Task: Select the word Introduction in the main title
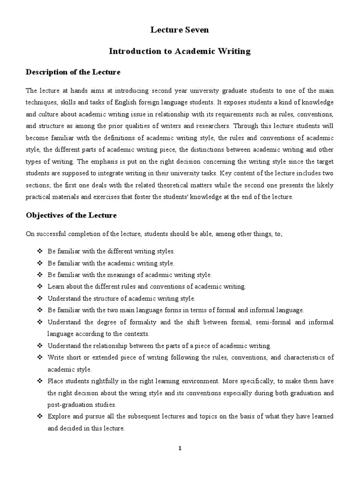point(132,52)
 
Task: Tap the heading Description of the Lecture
point(73,72)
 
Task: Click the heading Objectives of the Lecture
point(71,215)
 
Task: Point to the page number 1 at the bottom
point(180,448)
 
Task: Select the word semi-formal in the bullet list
point(264,322)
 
